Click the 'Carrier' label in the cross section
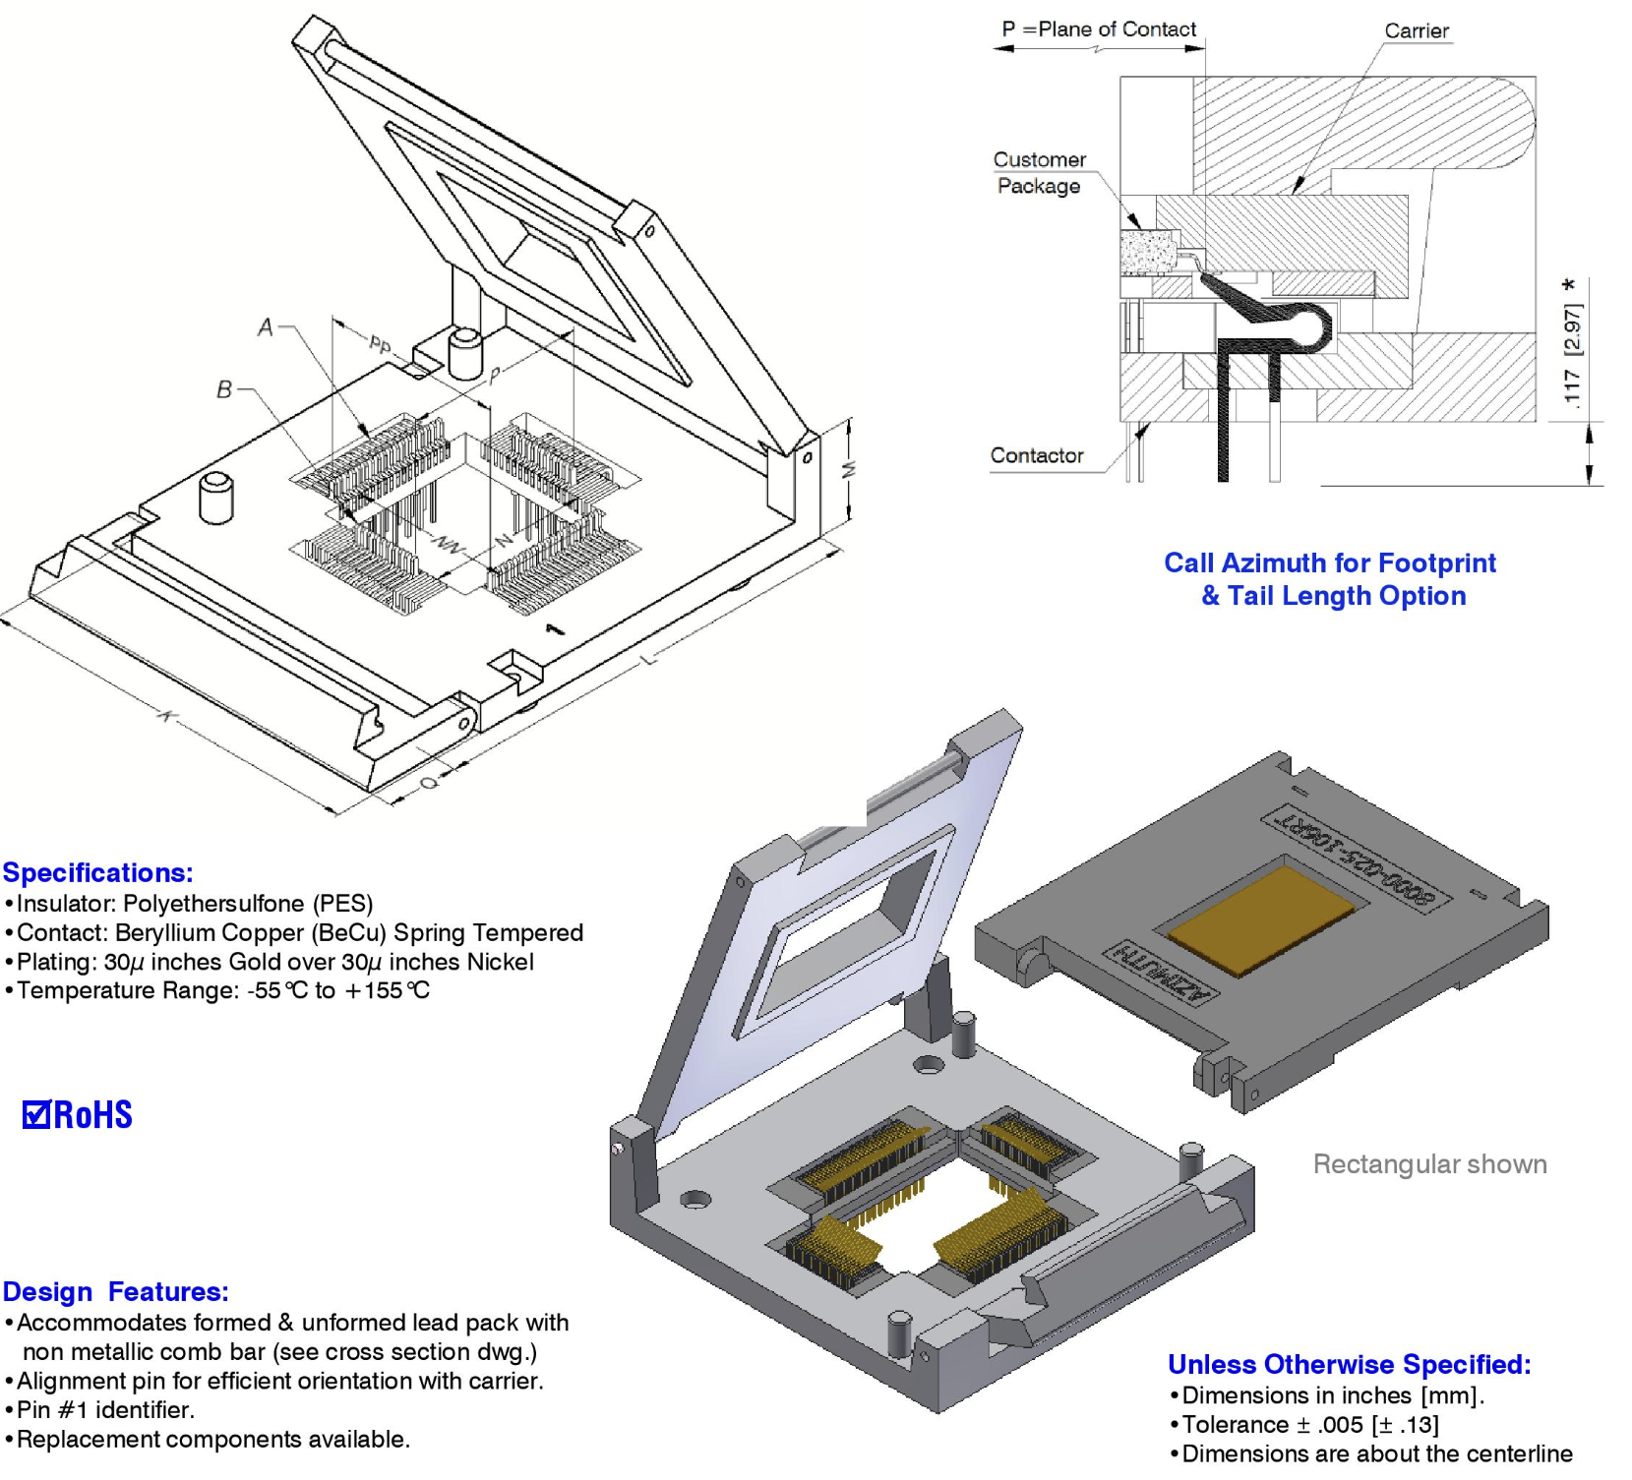[1416, 30]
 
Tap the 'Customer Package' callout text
[1039, 173]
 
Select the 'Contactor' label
[1036, 455]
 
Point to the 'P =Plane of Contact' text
[1099, 30]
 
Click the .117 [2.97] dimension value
[1572, 354]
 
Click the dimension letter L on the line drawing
[649, 658]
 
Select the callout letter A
[265, 327]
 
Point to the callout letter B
[224, 390]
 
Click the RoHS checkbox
[35, 1114]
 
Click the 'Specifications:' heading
[97, 872]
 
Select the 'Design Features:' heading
[115, 1291]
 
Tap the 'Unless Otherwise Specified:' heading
[1349, 1364]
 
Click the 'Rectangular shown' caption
[1429, 1164]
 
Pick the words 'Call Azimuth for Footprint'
[1329, 562]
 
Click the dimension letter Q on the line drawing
[429, 782]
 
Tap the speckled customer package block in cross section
[1149, 252]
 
